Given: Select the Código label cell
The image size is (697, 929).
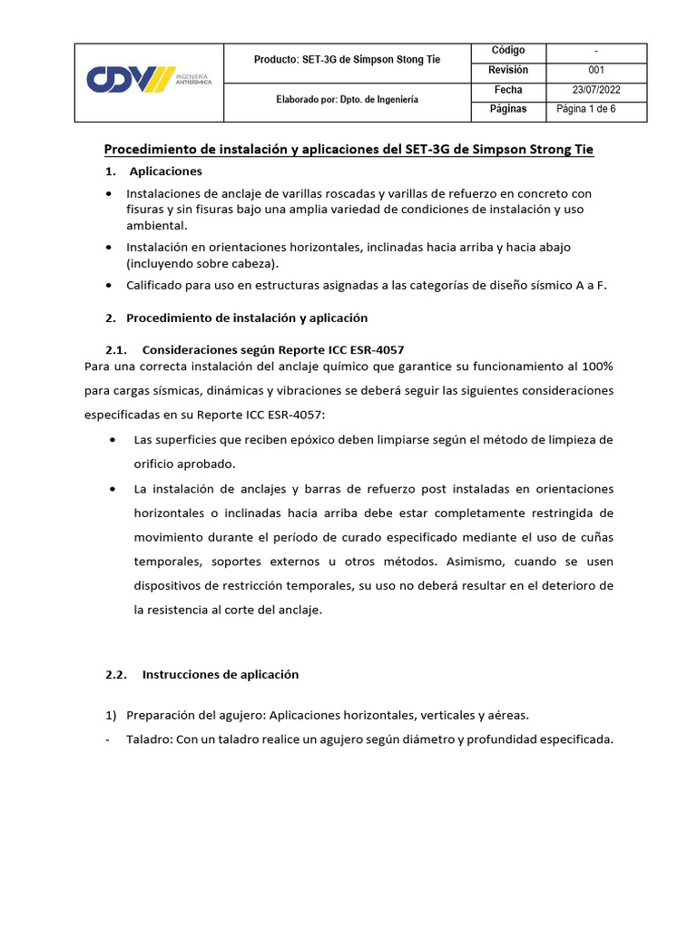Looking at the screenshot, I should (507, 50).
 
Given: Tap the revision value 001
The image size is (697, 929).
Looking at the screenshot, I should (596, 70).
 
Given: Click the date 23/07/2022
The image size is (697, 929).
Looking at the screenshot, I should (596, 90).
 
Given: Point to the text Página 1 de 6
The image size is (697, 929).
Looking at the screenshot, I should (586, 110).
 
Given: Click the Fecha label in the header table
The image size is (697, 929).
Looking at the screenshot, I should (507, 90).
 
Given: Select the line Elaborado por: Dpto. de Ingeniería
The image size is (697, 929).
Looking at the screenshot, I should (347, 100).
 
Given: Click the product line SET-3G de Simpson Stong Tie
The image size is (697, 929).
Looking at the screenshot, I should (347, 60).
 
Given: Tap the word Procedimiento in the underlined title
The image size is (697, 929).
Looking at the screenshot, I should (152, 149).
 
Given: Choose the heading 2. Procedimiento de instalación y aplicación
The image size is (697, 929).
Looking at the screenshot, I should (236, 318).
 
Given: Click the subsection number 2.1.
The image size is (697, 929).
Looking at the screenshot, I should (118, 349).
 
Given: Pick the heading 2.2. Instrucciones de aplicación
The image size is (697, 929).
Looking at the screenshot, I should (201, 675).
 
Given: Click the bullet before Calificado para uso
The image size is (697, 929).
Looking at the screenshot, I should (110, 285).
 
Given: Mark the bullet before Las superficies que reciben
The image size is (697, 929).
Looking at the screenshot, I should (113, 440).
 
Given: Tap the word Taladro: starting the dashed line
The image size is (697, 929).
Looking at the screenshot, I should (150, 739).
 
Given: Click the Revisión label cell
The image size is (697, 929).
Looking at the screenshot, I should (507, 70).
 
